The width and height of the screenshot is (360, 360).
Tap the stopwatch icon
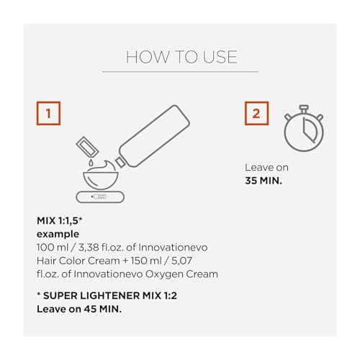click(x=304, y=128)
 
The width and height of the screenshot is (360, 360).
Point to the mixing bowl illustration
click(x=101, y=176)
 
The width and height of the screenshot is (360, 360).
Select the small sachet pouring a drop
click(x=87, y=147)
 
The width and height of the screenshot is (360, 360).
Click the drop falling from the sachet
click(x=91, y=163)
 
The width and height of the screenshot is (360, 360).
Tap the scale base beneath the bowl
click(x=100, y=197)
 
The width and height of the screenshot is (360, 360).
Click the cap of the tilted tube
click(x=120, y=163)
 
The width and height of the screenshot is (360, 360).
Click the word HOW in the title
click(x=148, y=57)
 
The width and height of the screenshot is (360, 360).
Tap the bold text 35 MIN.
click(x=264, y=181)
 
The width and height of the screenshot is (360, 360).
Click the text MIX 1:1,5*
click(x=60, y=221)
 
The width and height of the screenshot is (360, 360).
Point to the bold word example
click(x=58, y=234)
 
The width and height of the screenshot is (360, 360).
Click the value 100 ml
click(x=53, y=248)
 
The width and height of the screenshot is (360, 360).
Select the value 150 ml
click(x=146, y=261)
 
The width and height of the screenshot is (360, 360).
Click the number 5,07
click(x=181, y=261)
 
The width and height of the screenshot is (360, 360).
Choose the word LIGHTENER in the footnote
click(x=109, y=296)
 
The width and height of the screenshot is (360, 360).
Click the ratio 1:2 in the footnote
click(x=171, y=296)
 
